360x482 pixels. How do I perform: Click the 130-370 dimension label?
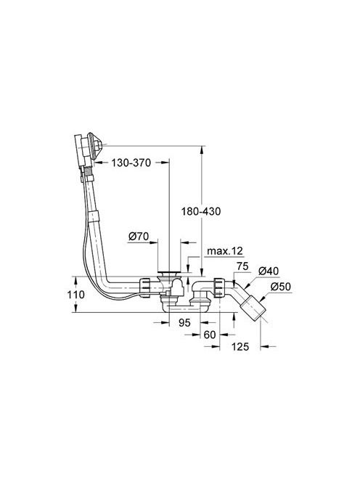(131, 163)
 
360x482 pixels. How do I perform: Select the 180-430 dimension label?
(201, 211)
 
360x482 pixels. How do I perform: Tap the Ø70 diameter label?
(139, 237)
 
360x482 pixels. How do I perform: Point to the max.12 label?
(225, 251)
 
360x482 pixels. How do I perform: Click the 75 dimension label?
(242, 266)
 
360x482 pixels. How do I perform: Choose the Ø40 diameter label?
(269, 271)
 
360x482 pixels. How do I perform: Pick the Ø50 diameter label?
(280, 287)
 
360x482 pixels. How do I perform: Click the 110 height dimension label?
(76, 295)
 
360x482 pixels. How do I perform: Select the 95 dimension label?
(184, 322)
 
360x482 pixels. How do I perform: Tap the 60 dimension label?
(210, 335)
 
